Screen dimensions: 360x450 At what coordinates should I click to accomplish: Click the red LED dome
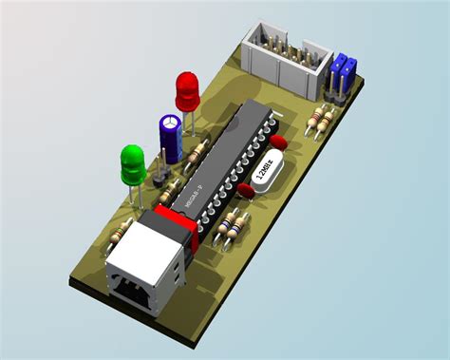click(187, 89)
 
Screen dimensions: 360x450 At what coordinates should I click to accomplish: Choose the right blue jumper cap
click(349, 71)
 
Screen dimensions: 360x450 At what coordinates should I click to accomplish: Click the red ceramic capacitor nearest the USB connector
click(244, 191)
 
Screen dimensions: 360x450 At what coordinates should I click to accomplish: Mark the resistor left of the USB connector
click(121, 230)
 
